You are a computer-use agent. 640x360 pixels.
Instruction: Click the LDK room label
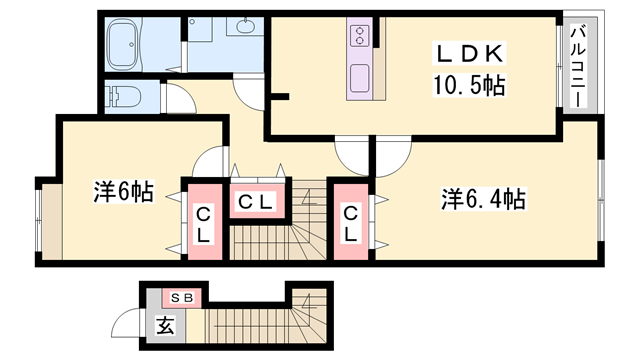click(469, 53)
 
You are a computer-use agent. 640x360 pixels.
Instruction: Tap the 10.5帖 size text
click(469, 85)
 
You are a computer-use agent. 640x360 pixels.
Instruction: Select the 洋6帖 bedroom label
click(123, 192)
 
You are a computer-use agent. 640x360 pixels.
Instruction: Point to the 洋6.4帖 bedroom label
click(483, 200)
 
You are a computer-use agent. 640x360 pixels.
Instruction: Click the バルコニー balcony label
click(578, 67)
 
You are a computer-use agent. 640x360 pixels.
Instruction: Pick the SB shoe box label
click(182, 298)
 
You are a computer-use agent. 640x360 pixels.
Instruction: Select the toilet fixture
click(123, 97)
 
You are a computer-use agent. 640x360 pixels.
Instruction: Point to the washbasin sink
click(245, 26)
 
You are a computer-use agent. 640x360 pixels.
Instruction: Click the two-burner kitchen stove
click(359, 35)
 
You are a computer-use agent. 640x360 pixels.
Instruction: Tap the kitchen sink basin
click(360, 78)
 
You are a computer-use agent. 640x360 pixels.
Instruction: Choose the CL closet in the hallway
click(256, 201)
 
